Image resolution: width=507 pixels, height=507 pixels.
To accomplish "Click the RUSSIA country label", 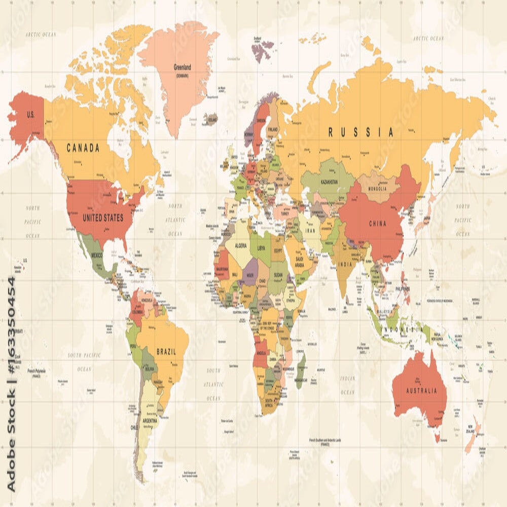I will point(360,132).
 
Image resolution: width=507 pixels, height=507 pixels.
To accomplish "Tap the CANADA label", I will point(83,148).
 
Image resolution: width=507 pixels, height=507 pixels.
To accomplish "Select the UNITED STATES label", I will point(103,218).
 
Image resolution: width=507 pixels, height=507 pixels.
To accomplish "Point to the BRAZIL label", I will point(166,351).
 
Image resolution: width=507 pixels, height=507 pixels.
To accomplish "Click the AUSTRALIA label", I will point(421,391).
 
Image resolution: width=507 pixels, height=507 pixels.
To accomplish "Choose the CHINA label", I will point(377,224).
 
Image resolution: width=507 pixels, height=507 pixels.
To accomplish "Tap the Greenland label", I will point(182,67).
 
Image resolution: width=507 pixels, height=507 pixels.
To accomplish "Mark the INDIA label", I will point(345,265).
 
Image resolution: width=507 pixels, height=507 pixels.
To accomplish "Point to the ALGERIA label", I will point(241,245).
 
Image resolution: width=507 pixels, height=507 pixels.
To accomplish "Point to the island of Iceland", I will point(210,119).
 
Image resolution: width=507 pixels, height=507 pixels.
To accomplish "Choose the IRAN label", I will point(311,231).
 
